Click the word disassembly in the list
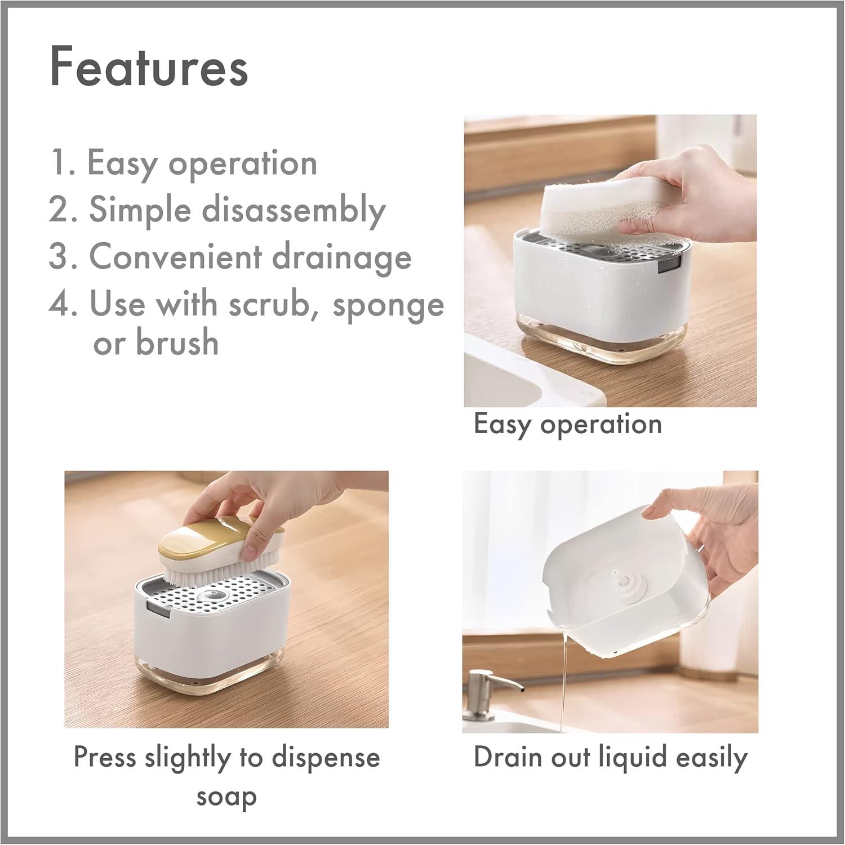(x=293, y=211)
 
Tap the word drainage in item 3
(x=342, y=257)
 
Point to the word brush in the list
(x=177, y=342)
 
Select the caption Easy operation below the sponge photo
(x=568, y=424)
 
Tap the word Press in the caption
(x=105, y=758)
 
